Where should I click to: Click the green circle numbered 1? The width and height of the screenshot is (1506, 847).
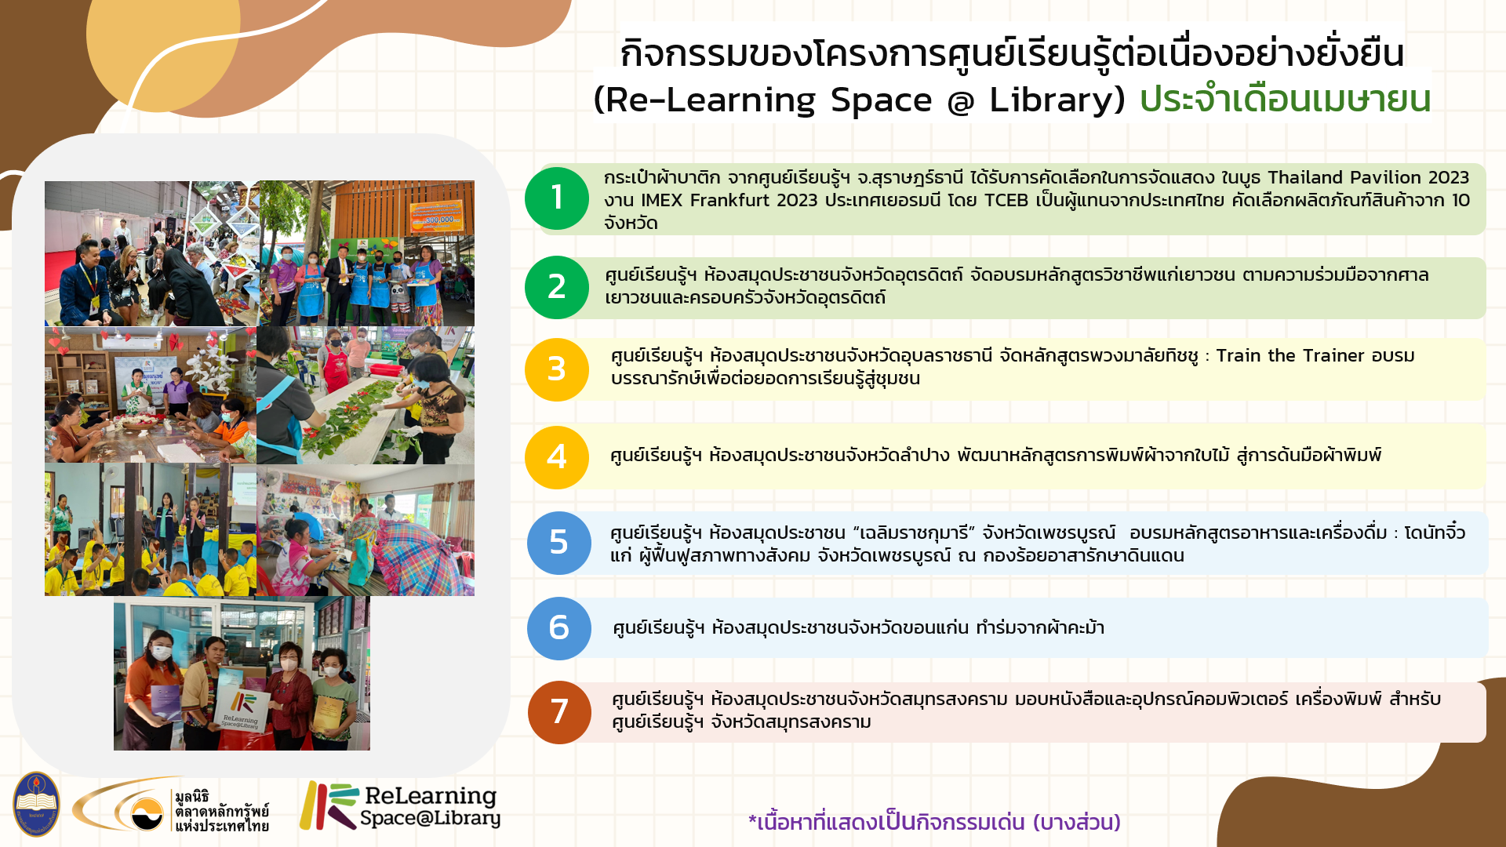pyautogui.click(x=557, y=198)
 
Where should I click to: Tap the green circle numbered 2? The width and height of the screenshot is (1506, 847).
pyautogui.click(x=557, y=287)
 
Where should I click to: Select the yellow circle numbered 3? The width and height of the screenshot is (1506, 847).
pyautogui.click(x=557, y=369)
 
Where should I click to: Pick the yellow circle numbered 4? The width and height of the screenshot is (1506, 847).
pyautogui.click(x=557, y=457)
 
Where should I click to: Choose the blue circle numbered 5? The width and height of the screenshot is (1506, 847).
pyautogui.click(x=558, y=543)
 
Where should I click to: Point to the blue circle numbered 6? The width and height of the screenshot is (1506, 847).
pyautogui.click(x=558, y=628)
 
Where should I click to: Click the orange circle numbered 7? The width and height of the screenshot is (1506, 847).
pyautogui.click(x=559, y=712)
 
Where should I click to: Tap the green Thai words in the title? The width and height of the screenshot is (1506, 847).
pyautogui.click(x=1286, y=99)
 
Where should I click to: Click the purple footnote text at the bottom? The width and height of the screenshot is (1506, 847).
pyautogui.click(x=934, y=822)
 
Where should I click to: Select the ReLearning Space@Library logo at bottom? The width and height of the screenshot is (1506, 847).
pyautogui.click(x=400, y=805)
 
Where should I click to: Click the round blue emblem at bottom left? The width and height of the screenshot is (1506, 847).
pyautogui.click(x=35, y=804)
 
